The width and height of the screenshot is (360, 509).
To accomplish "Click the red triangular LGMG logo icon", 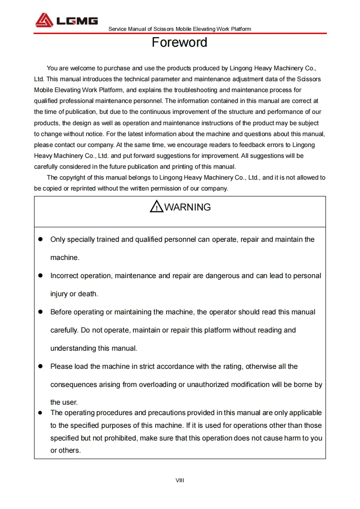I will [x=44, y=20].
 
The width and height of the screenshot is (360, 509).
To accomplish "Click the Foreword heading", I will [x=179, y=42].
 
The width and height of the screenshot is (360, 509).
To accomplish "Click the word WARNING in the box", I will [x=187, y=207].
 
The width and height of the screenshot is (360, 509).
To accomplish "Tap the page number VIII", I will [x=180, y=480].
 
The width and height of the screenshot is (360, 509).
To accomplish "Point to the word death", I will [x=88, y=294].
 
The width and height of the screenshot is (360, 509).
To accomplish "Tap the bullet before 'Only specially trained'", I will [x=40, y=239].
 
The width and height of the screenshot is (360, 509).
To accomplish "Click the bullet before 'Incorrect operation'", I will [x=40, y=275].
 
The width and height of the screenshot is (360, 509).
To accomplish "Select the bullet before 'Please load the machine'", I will [x=40, y=366].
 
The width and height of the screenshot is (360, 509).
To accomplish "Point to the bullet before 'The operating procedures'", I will [x=40, y=413].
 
